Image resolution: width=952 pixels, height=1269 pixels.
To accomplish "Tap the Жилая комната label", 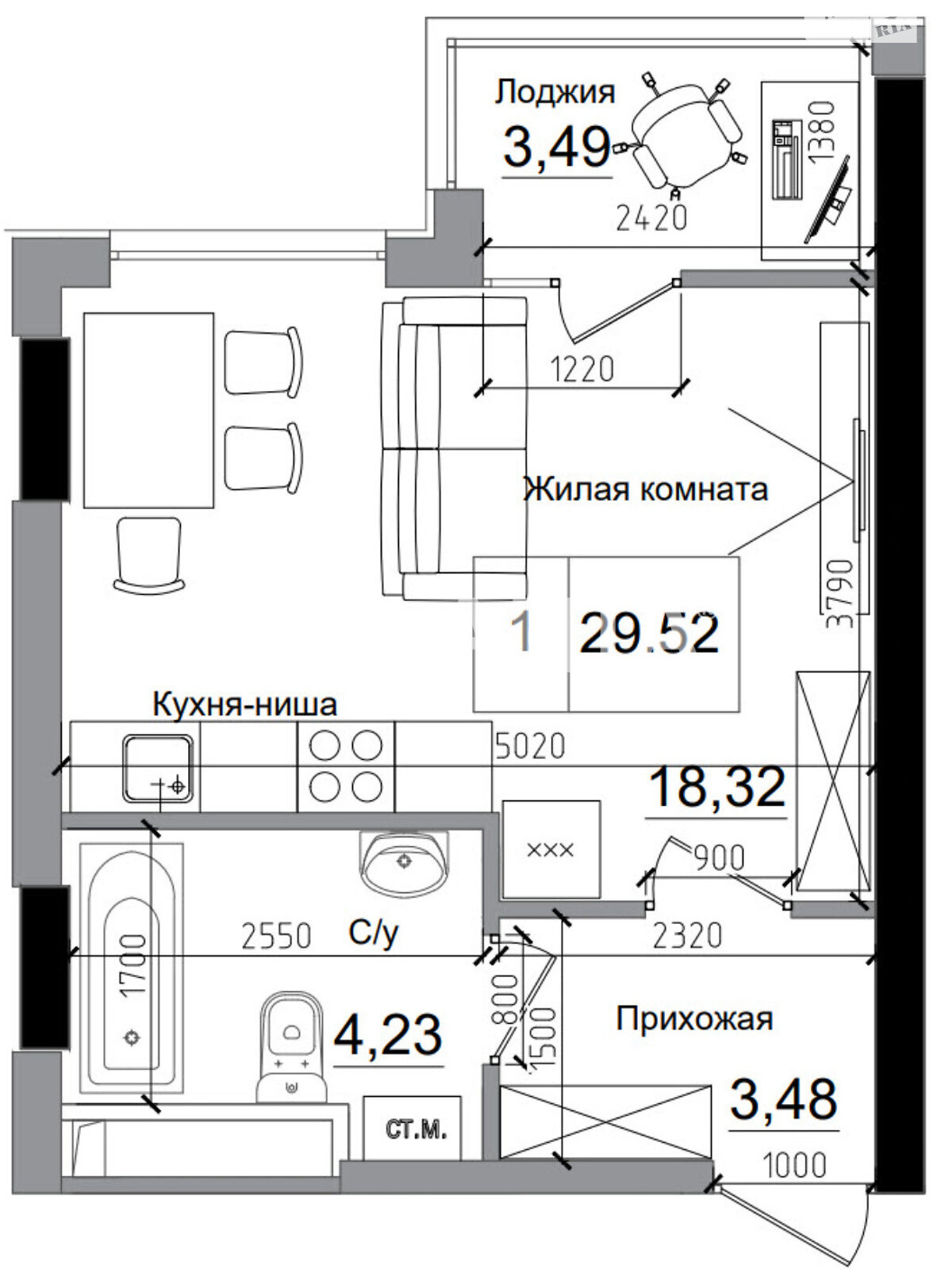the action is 646,489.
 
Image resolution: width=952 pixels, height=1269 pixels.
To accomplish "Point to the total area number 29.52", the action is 651,634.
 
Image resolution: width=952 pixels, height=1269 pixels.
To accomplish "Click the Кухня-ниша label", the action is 244,704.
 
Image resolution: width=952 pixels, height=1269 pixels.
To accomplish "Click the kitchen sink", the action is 157,769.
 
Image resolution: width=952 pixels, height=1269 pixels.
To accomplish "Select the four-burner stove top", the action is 346,765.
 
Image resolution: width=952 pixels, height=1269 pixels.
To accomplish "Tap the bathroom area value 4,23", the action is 388,1036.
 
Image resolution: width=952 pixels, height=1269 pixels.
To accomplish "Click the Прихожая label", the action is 694,1018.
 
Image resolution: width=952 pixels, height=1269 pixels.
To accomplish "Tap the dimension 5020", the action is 530,746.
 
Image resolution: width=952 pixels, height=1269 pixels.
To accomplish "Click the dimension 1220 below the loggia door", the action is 582,369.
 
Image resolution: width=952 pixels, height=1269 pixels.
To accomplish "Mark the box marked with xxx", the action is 551,849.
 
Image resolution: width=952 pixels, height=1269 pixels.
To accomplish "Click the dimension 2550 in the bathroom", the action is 276,936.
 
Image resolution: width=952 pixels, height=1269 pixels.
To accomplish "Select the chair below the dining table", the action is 149,554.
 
